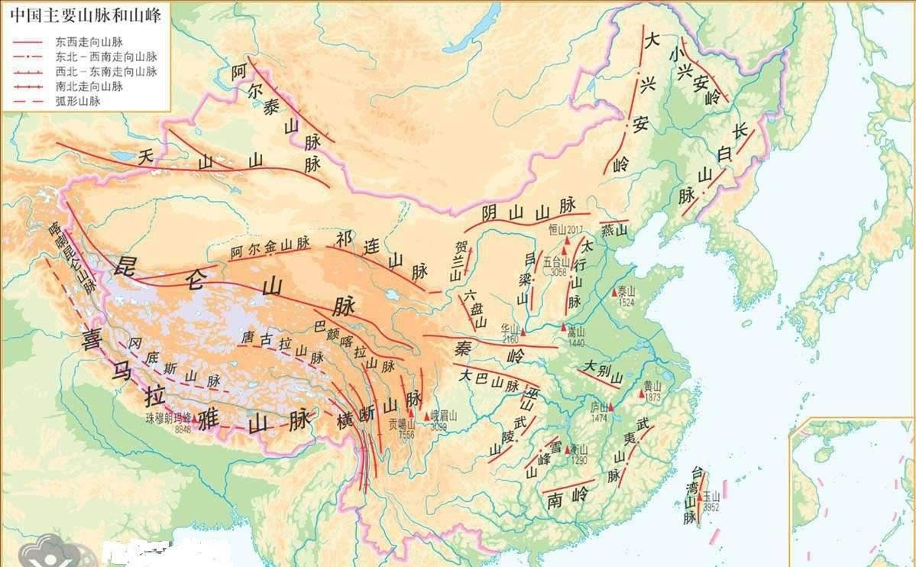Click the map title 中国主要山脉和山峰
click(x=83, y=16)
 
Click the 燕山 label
click(x=613, y=230)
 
